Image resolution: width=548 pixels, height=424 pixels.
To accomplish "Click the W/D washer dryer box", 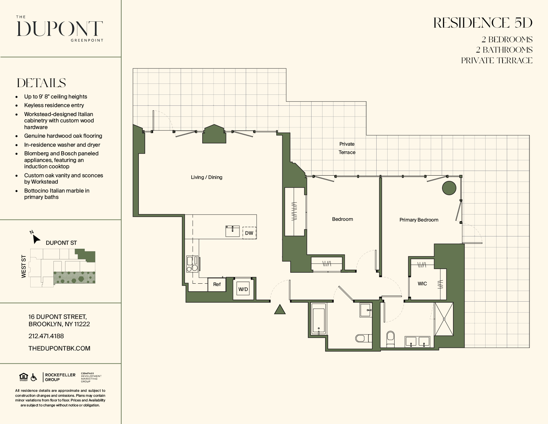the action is (243, 289).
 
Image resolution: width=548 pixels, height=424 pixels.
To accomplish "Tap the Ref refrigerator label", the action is (217, 284).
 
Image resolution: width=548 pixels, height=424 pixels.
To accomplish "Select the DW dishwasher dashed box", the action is (249, 233).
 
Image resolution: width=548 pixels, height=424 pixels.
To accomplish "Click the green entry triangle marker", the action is (280, 309).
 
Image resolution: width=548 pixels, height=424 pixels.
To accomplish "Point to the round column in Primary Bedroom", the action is (449, 188).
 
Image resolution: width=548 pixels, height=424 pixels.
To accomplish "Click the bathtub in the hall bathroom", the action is (319, 319).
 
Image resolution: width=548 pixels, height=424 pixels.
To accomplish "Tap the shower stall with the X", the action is (444, 319).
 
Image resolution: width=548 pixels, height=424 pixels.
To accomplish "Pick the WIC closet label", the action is (422, 284).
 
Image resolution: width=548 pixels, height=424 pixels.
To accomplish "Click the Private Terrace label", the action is (347, 148).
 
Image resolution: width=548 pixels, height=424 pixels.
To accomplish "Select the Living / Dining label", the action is (207, 177).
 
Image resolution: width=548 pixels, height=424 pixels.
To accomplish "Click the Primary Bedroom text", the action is (419, 220).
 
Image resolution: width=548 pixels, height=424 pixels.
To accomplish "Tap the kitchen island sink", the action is (232, 231).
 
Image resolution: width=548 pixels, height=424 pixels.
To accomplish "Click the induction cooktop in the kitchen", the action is (192, 264).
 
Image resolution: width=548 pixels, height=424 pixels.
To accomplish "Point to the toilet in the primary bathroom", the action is (390, 339).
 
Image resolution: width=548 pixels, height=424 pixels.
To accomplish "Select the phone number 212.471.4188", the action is (46, 336).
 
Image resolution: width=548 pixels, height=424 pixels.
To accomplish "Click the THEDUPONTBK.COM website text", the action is (59, 349).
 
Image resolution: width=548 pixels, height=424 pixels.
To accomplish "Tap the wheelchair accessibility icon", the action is (34, 377).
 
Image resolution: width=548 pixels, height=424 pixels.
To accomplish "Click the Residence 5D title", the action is (483, 23).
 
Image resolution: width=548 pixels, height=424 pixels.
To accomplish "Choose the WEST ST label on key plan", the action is (24, 266).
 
